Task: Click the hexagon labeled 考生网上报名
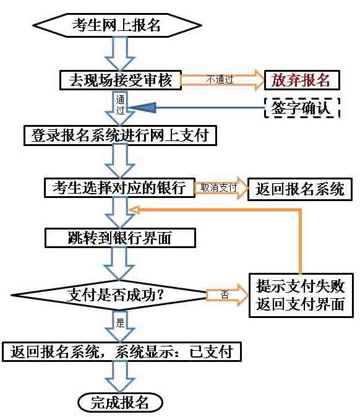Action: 117,25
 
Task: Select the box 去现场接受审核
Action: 121,80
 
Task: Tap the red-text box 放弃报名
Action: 302,80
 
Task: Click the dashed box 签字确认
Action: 302,108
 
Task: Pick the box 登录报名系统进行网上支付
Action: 120,135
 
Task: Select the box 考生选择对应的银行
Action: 119,187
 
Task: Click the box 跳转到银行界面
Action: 120,238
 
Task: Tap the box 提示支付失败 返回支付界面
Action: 301,295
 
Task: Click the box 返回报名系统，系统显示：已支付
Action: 122,352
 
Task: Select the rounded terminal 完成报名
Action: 120,403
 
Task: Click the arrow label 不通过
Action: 220,79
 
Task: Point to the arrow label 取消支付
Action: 218,187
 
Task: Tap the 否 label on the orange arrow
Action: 225,294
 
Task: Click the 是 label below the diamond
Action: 120,323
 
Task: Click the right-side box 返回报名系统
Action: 300,189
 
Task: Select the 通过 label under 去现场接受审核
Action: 120,105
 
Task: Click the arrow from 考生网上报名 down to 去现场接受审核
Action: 120,54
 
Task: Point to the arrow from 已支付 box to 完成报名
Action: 120,377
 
